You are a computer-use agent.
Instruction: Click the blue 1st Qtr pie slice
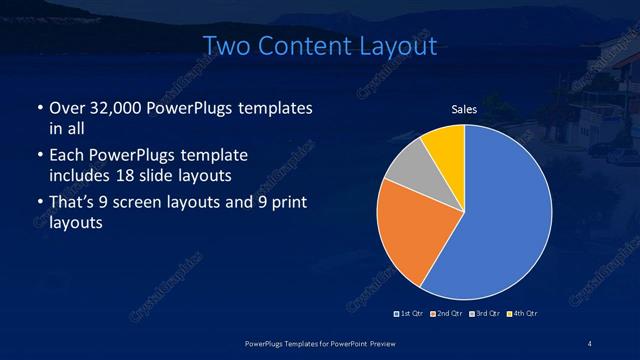coord(505,220)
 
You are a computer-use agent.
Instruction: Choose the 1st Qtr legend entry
coord(411,314)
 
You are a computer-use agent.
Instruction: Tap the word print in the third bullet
coord(287,204)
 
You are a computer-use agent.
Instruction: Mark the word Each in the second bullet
coord(67,157)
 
